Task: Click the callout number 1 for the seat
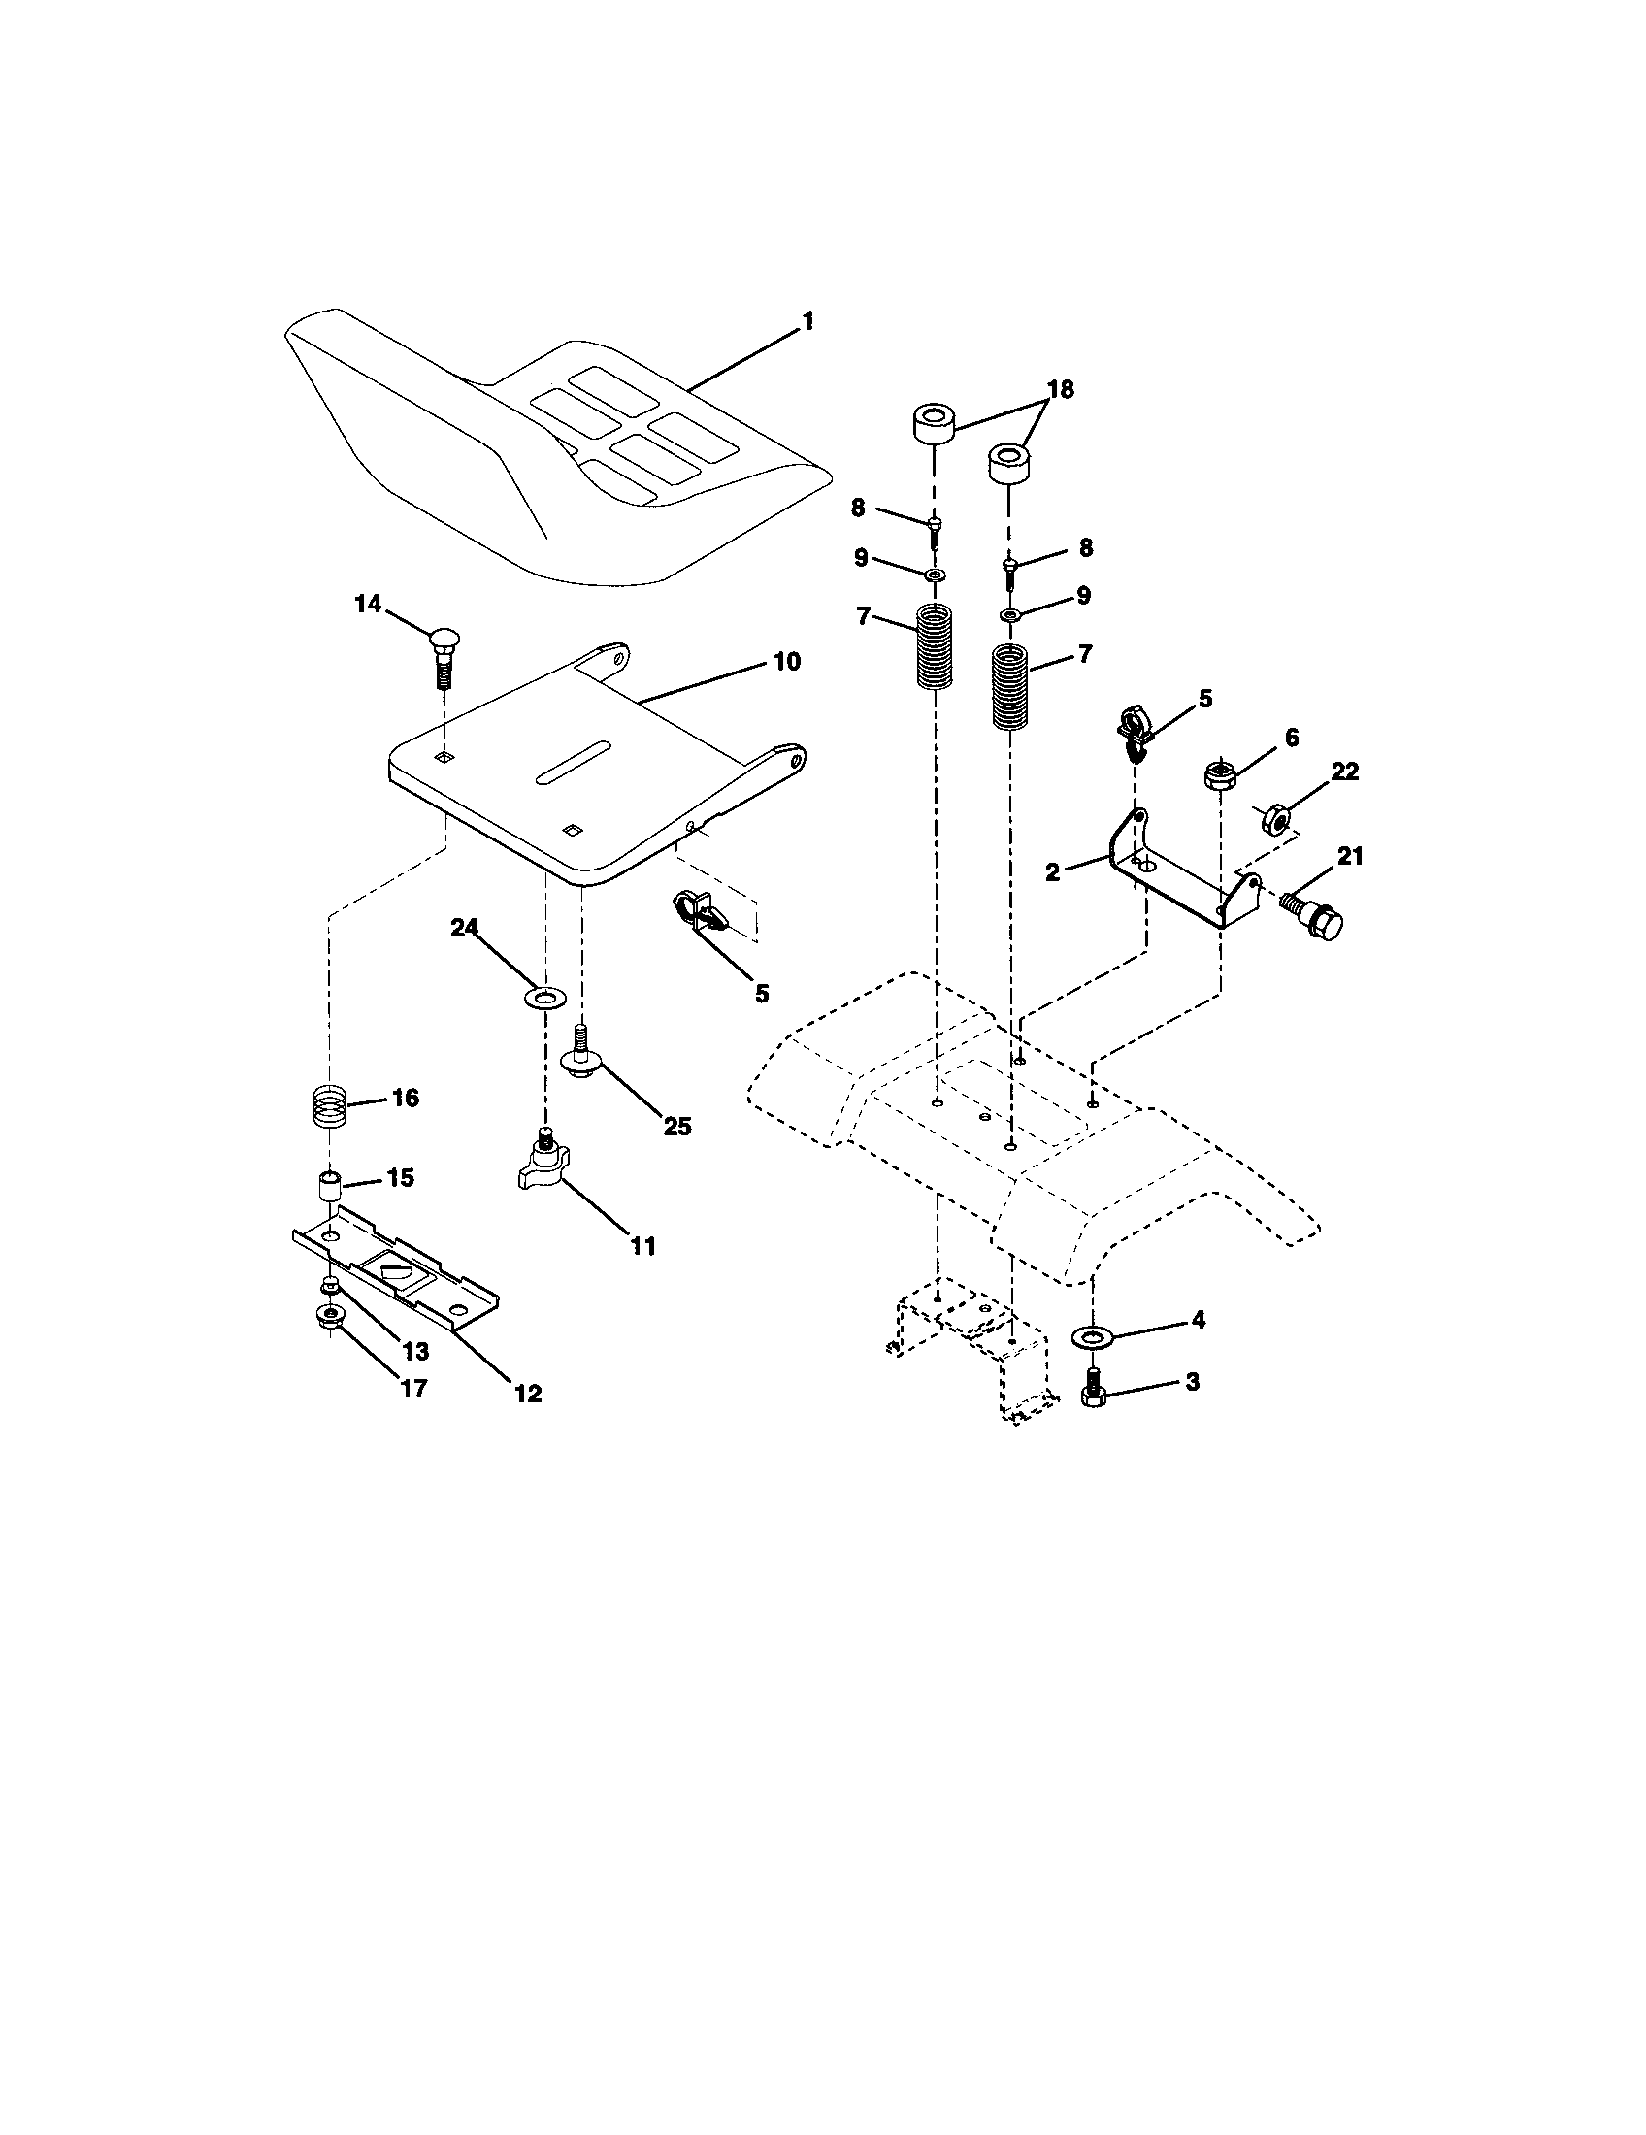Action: click(x=807, y=321)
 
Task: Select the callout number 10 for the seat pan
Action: click(x=786, y=662)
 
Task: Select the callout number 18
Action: click(x=1059, y=389)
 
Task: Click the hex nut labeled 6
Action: click(x=1218, y=776)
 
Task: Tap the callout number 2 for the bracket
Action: click(x=1052, y=872)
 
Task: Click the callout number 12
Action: click(x=528, y=1393)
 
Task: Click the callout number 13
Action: click(x=415, y=1350)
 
